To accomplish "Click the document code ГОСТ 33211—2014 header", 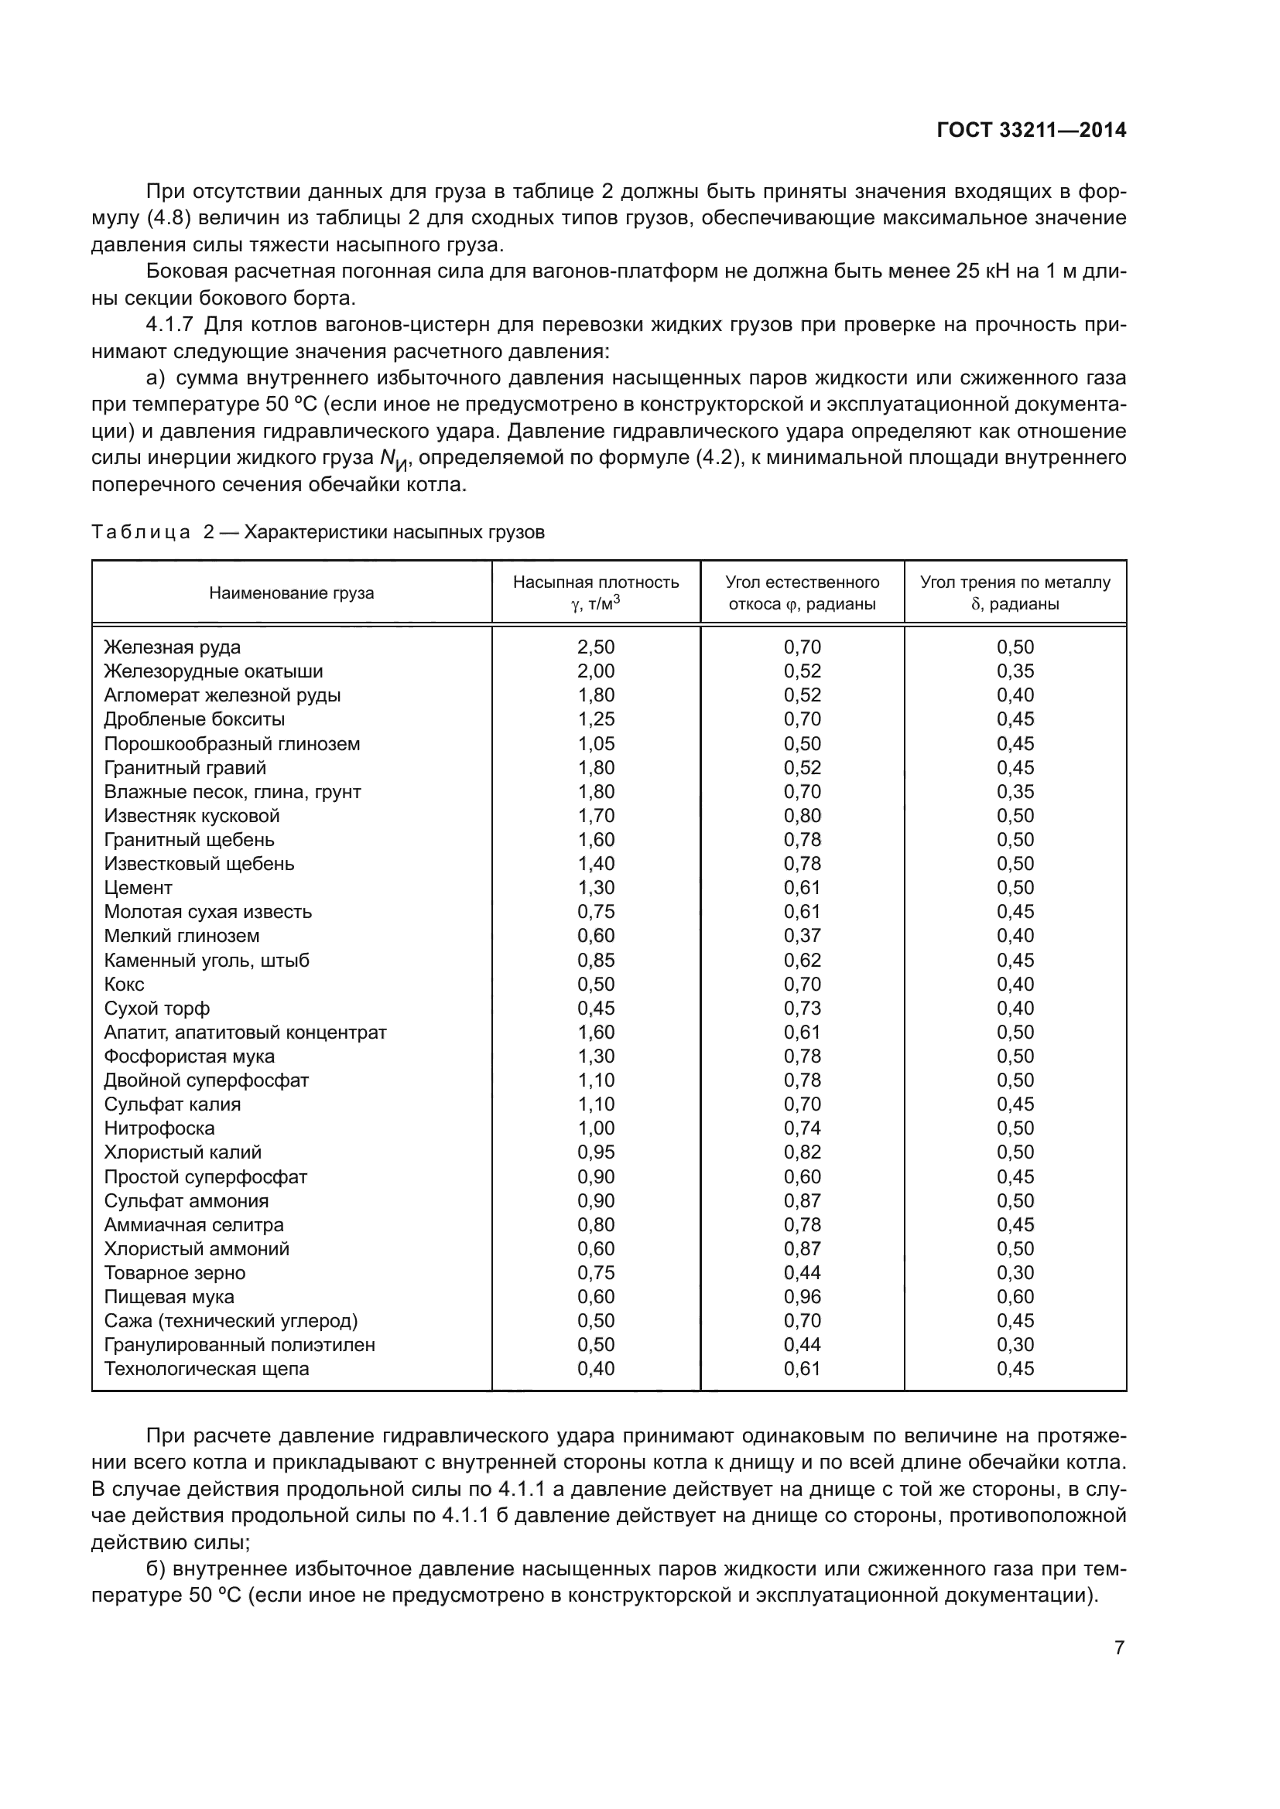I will pyautogui.click(x=1031, y=130).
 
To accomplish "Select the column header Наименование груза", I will pyautogui.click(x=292, y=593).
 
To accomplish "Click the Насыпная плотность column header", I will pyautogui.click(x=596, y=592).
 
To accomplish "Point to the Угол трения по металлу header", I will pyautogui.click(x=1015, y=592).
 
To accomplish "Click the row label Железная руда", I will pyautogui.click(x=173, y=647).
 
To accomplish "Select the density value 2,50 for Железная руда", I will pyautogui.click(x=596, y=647).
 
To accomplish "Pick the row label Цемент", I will pyautogui.click(x=138, y=887).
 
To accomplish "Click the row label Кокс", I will pyautogui.click(x=125, y=984).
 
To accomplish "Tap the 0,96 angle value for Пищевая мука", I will pyautogui.click(x=803, y=1296).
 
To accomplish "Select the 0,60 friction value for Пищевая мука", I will pyautogui.click(x=1015, y=1296).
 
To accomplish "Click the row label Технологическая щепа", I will pyautogui.click(x=207, y=1369).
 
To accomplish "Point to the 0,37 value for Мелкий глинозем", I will pyautogui.click(x=803, y=935).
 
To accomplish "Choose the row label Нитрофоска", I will pyautogui.click(x=159, y=1128).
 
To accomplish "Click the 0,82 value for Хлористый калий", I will pyautogui.click(x=803, y=1152).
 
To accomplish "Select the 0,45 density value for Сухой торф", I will pyautogui.click(x=596, y=1008).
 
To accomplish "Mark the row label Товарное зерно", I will pyautogui.click(x=175, y=1272).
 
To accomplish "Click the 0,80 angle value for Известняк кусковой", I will pyautogui.click(x=803, y=815).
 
